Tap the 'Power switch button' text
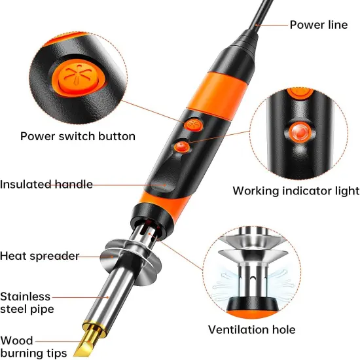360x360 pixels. (78, 136)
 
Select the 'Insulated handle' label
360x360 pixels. (46, 184)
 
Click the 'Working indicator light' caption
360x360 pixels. (296, 190)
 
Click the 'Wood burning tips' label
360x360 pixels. (33, 347)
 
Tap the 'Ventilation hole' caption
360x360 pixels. (251, 329)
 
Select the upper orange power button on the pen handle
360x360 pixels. (191, 124)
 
